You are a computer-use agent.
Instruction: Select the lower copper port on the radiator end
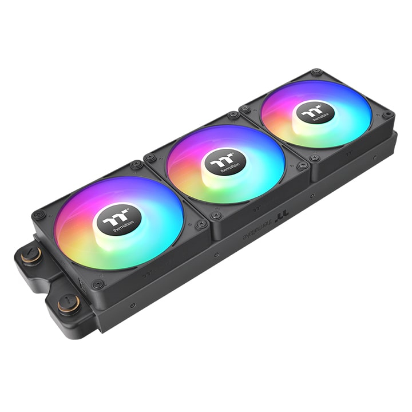[x=68, y=302]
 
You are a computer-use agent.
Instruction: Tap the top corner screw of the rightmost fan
[x=315, y=73]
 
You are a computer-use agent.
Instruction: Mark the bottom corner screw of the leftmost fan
[x=98, y=284]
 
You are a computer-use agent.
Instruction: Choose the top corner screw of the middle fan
[x=233, y=115]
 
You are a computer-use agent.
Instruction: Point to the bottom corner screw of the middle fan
[x=216, y=216]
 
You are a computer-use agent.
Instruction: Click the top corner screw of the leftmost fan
[x=136, y=165]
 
